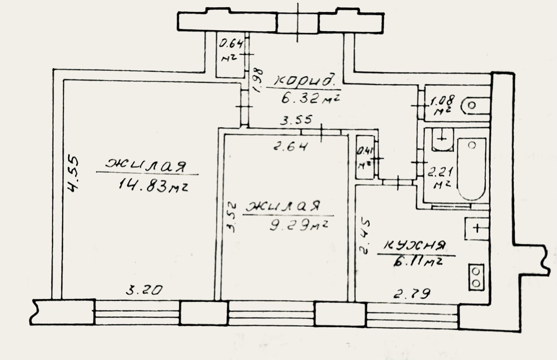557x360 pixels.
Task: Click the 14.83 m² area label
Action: tap(153, 186)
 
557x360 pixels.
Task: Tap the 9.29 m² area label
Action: tap(299, 225)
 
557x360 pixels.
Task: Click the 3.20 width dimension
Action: tap(144, 290)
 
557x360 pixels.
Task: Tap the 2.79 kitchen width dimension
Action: tap(412, 294)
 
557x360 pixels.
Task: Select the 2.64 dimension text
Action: tap(291, 146)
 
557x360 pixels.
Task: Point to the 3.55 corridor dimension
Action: tap(296, 120)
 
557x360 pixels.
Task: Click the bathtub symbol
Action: tap(472, 169)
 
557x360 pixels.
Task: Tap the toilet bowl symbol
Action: tap(475, 105)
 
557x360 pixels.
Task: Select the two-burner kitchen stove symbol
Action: tap(477, 277)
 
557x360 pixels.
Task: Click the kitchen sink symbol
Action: tap(477, 229)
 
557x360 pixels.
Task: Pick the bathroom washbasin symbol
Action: tap(442, 140)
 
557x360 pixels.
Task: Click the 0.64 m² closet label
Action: tap(230, 50)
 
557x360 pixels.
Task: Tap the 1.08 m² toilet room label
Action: tap(442, 105)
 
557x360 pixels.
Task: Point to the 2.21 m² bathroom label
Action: tap(440, 178)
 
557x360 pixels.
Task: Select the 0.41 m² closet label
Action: tap(365, 158)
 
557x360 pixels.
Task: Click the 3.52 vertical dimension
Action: tap(232, 218)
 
